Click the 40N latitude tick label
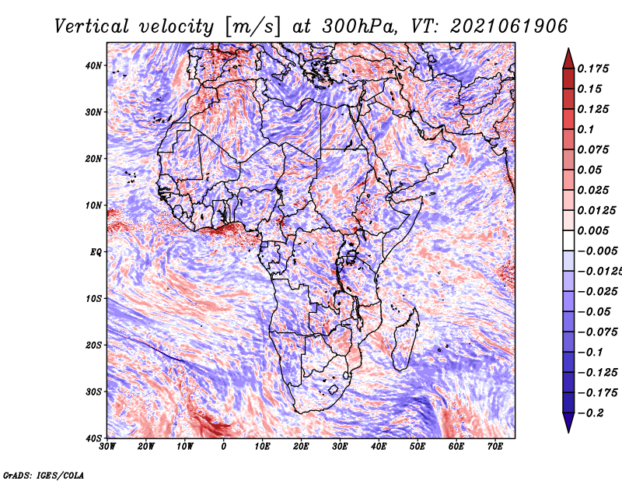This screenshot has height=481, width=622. pos(93,65)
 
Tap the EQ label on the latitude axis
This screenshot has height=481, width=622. pos(96,252)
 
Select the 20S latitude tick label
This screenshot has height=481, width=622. pos(93,345)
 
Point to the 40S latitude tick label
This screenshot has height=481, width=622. pos(93,438)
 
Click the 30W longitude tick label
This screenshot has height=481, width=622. pos(107,447)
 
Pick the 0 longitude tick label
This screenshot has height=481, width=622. pos(224,447)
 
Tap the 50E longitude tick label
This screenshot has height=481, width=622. pos(418,447)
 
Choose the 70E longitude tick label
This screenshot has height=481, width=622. pos(495,447)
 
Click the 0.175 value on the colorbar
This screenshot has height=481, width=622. pos(593,68)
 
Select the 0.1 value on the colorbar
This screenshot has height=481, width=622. pos(586,129)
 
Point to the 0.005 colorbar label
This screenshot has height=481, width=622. pos(593,230)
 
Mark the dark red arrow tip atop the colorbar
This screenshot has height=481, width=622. pos(568,48)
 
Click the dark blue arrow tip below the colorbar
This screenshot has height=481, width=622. pos(568,433)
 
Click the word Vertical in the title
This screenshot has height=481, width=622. pos(92,26)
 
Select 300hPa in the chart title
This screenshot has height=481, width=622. pos(359,26)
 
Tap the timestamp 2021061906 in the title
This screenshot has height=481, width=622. pos(509,26)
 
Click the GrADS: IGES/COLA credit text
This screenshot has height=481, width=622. pos(44,475)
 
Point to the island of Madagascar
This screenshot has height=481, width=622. pos(405,339)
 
